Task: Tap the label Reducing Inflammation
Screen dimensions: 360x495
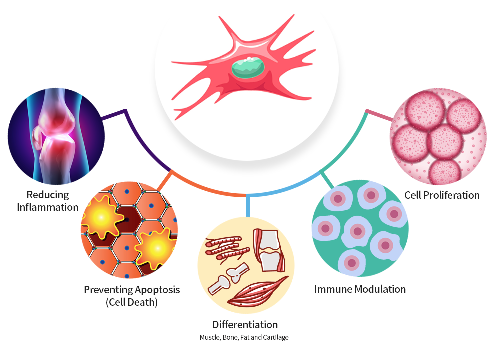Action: coord(48,200)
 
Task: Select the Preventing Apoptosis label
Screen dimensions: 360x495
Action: coord(132,289)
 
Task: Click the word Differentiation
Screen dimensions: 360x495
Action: coord(245,325)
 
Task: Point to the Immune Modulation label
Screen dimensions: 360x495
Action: coord(360,289)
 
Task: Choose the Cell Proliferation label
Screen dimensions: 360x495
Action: coord(442,195)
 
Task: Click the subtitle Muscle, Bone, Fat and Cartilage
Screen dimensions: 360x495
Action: coord(244,337)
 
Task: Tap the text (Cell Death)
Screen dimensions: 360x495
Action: coord(132,302)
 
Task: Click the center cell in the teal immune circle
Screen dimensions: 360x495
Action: coord(357,231)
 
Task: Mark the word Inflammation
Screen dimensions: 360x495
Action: coord(48,206)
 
